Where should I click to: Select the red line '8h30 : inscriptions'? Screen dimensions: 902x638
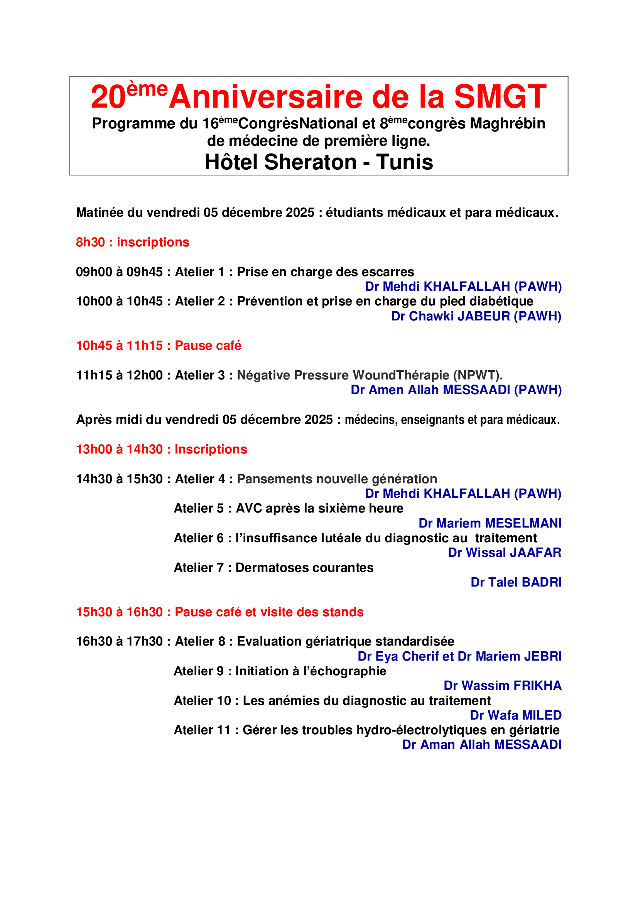[x=132, y=242]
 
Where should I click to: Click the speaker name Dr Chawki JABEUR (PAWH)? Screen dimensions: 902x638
[x=476, y=316]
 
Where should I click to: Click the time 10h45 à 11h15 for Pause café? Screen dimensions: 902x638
[x=119, y=345]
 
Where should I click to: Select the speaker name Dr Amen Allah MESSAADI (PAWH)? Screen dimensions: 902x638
[x=456, y=390]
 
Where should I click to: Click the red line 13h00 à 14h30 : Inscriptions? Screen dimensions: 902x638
[x=162, y=449]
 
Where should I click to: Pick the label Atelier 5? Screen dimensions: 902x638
[x=198, y=508]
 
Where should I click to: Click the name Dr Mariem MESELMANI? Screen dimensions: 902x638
[x=490, y=523]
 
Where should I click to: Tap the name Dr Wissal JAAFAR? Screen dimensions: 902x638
[x=505, y=553]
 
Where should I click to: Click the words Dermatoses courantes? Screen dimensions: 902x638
[x=304, y=568]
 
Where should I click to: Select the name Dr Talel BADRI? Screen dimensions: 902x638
[x=516, y=582]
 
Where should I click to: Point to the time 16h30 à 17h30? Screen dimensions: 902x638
[x=119, y=642]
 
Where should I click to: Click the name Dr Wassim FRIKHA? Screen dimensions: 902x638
[x=503, y=686]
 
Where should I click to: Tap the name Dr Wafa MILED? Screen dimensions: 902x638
[x=516, y=715]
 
